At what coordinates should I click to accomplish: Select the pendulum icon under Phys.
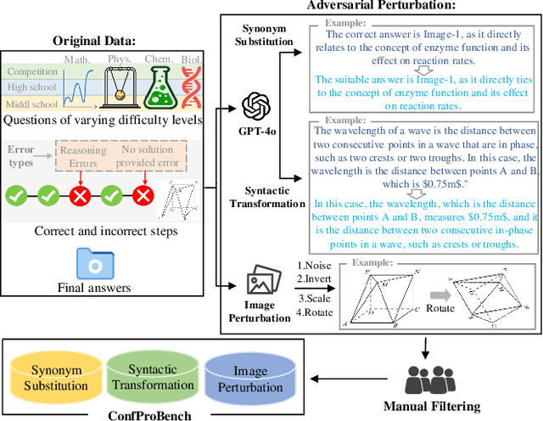point(119,88)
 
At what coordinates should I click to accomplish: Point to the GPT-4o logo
point(255,107)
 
